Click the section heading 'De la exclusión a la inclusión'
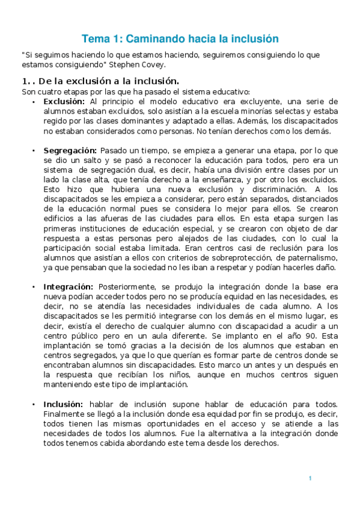(108, 81)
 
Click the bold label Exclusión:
(64, 102)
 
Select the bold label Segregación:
(70, 150)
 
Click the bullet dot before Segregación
(34, 150)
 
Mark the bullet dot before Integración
(34, 287)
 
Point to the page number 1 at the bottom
(310, 478)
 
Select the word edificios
(59, 218)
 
